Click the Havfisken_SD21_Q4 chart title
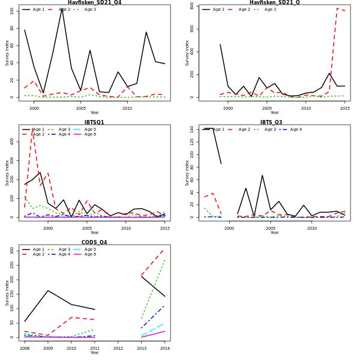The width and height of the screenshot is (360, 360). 94,3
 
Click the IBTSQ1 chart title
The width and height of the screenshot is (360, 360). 94,122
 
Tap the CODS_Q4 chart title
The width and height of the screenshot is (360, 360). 94,242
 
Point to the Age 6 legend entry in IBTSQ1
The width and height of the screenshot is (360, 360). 89,134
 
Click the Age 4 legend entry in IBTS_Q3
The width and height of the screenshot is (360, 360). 292,130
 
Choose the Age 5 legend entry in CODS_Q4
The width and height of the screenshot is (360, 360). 89,250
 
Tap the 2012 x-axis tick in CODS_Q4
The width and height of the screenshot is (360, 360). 118,348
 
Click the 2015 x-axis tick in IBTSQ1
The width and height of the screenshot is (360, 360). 165,228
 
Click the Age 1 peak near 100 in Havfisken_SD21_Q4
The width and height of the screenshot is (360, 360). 62,8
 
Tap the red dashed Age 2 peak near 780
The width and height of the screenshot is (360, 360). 337,8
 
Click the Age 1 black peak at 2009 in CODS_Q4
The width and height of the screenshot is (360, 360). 48,290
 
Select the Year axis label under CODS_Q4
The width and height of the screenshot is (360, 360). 94,353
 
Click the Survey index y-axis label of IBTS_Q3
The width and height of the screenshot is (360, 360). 188,172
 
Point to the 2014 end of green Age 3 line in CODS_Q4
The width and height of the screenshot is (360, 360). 165,259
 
